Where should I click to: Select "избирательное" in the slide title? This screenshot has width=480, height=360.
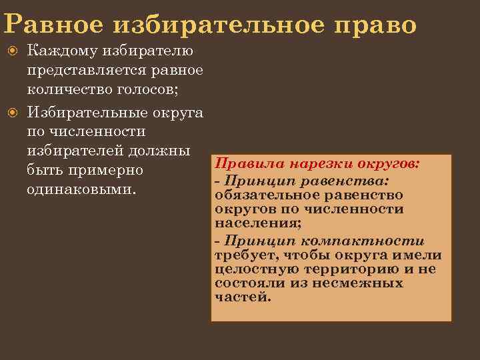(x=213, y=24)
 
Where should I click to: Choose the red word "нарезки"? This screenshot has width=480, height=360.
(x=315, y=164)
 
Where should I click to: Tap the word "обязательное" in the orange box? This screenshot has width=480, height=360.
(x=266, y=195)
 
